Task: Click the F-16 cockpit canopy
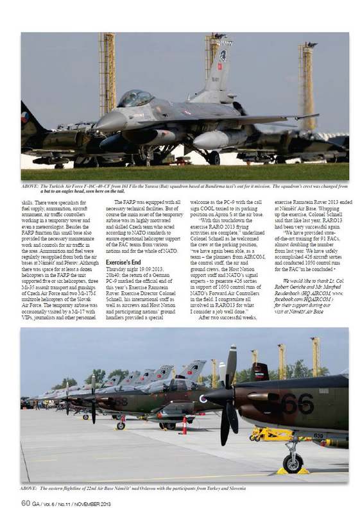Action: (x=137, y=98)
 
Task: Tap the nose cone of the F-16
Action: (x=103, y=121)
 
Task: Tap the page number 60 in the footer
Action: (x=25, y=503)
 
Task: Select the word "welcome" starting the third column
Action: (x=201, y=202)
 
